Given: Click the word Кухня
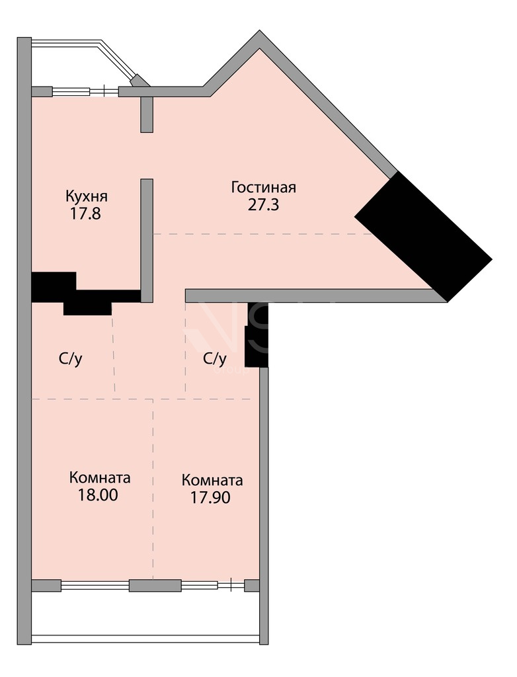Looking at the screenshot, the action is click(x=87, y=196).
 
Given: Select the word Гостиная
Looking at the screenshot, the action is click(x=264, y=188).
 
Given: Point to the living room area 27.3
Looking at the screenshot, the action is click(x=264, y=205).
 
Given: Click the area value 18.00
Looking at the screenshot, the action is click(x=98, y=495).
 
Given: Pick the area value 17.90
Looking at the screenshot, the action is click(x=211, y=497).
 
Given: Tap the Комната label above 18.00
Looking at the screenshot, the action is click(x=100, y=478).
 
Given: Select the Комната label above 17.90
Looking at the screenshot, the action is click(x=212, y=480).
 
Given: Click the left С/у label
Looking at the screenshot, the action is click(x=70, y=358).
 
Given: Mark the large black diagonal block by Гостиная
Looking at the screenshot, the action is click(x=423, y=237).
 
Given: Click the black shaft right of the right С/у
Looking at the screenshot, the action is click(x=257, y=335).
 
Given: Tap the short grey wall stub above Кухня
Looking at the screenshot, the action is click(x=147, y=114).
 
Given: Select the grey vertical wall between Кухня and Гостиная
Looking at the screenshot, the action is click(x=147, y=241).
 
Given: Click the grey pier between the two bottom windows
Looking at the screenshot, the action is click(x=155, y=586).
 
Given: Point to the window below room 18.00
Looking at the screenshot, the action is click(x=95, y=586).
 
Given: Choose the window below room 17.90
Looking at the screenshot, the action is click(x=212, y=586).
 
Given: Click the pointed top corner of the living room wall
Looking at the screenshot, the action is click(x=260, y=30).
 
